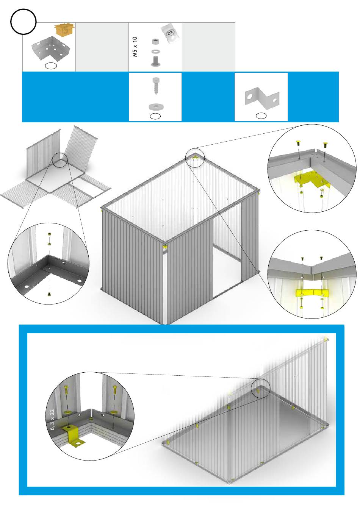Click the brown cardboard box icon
coord(64,29)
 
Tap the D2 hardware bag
coord(171,34)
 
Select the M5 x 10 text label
coord(135,47)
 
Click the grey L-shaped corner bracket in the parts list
coord(50,48)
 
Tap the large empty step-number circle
coord(23,22)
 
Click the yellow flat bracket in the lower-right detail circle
coord(312,293)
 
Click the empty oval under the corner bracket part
coord(51,66)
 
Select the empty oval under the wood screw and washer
coord(155,116)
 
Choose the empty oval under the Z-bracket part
coord(261,116)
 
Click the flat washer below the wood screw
coord(155,106)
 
